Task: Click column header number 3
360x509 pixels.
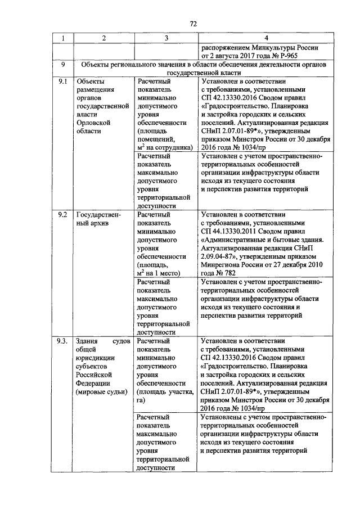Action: pos(166,38)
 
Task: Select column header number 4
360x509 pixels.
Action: pos(265,38)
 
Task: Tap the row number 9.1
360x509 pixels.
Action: pos(63,81)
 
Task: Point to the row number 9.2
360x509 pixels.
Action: pos(63,214)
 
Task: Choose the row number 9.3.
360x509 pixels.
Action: pos(64,341)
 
